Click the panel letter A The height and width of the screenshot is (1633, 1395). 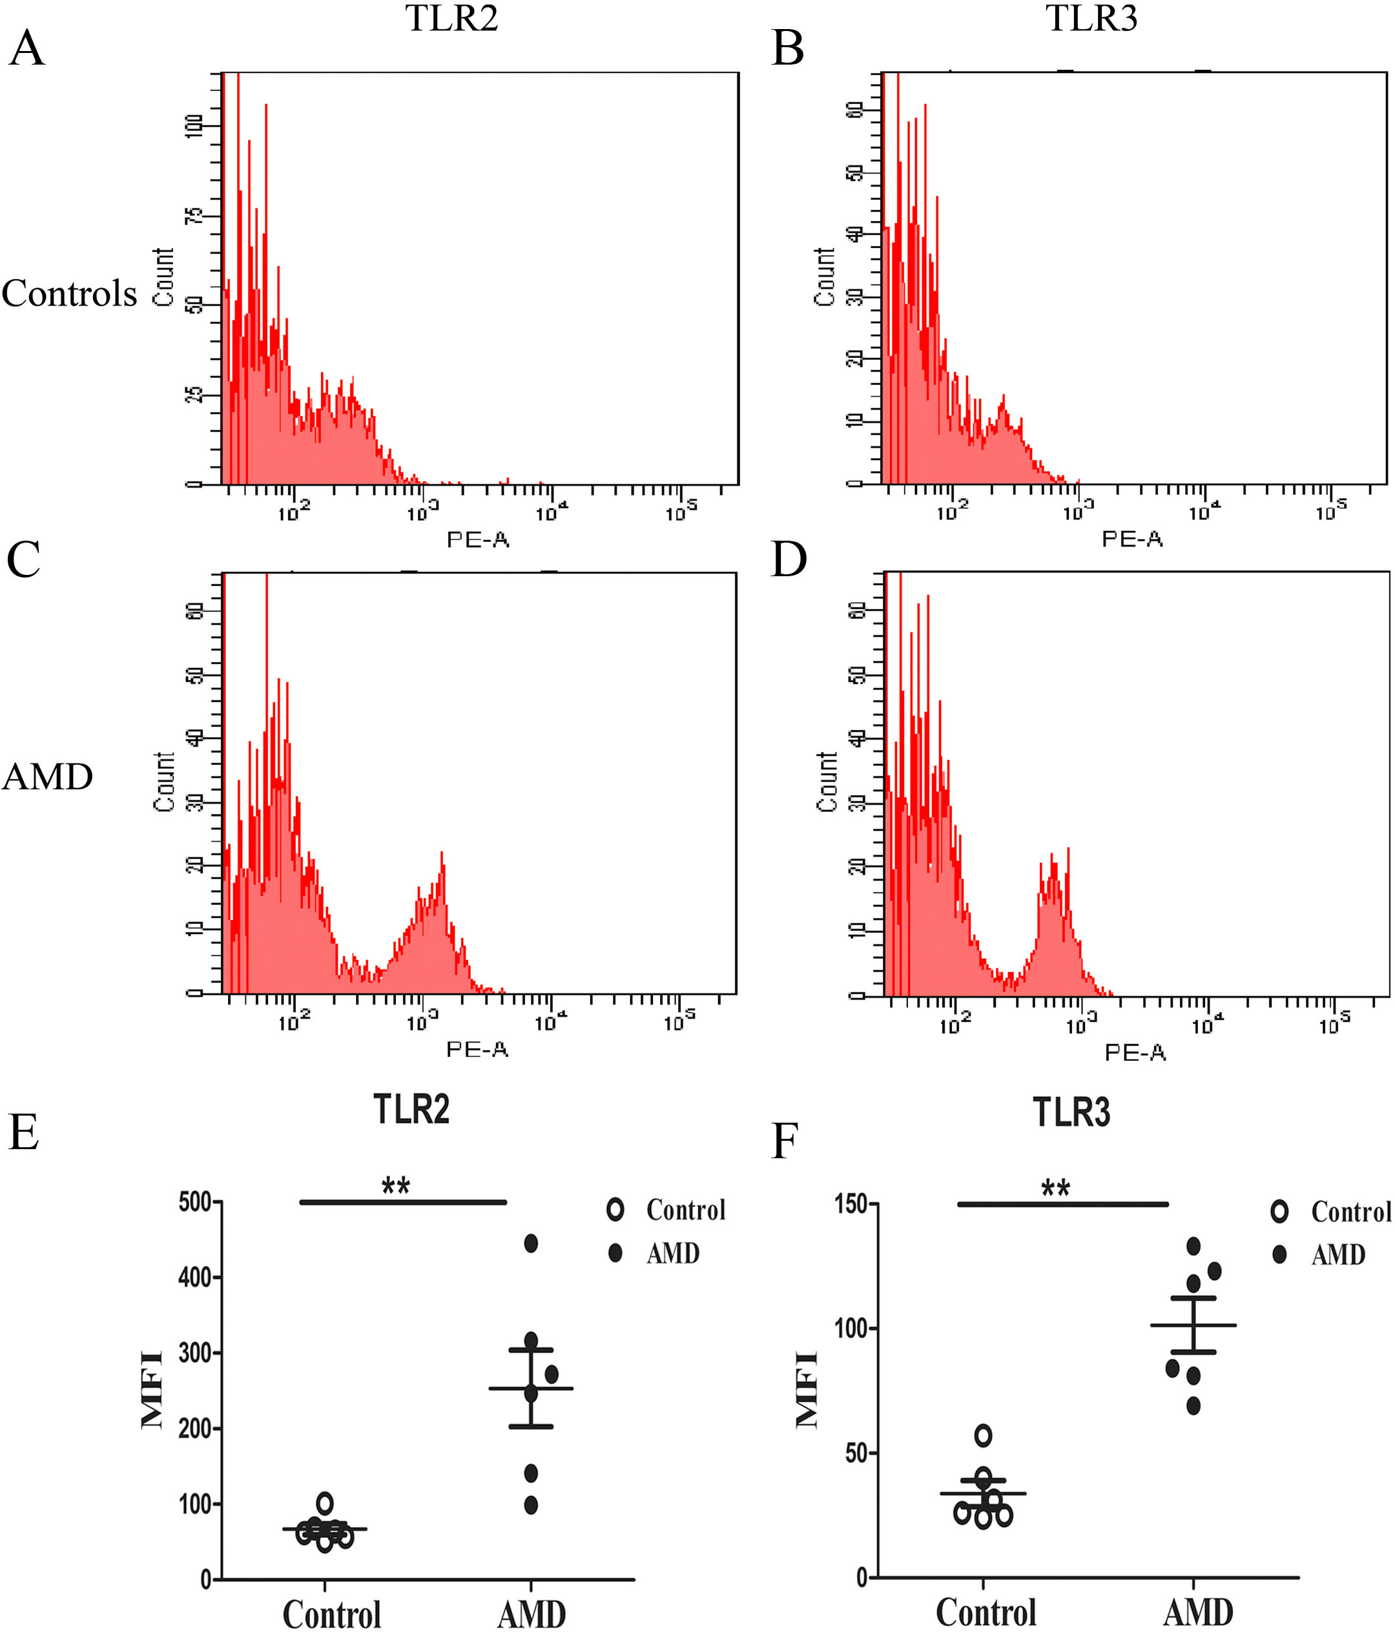pyautogui.click(x=26, y=49)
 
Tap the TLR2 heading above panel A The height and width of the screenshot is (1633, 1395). pyautogui.click(x=451, y=18)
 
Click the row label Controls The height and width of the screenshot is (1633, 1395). pyautogui.click(x=69, y=293)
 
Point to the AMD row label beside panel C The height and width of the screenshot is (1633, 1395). pyautogui.click(x=48, y=777)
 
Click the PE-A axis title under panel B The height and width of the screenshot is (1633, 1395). pyautogui.click(x=1131, y=539)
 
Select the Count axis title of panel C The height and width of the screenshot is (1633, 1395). pyautogui.click(x=164, y=781)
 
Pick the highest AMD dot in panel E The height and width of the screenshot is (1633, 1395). pyautogui.click(x=532, y=1243)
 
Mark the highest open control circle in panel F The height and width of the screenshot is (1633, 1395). pyautogui.click(x=983, y=1435)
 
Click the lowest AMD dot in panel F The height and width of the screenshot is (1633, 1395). pyautogui.click(x=1193, y=1405)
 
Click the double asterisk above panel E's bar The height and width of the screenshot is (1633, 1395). pyautogui.click(x=396, y=1185)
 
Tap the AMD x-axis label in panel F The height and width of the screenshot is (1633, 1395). pyautogui.click(x=1198, y=1612)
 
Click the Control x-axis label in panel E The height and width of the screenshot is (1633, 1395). pyautogui.click(x=332, y=1614)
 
